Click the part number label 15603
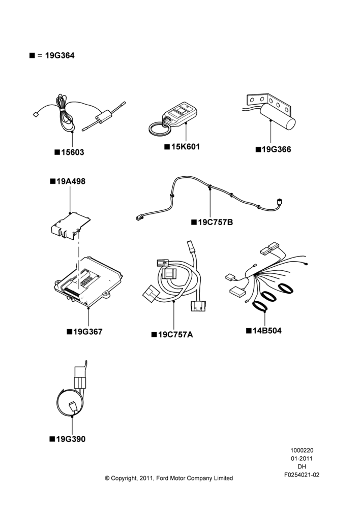click(73, 152)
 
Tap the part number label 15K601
click(186, 147)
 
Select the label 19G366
click(276, 149)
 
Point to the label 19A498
click(71, 181)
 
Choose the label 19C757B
click(216, 223)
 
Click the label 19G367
click(87, 332)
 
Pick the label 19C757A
click(175, 335)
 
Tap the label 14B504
click(267, 331)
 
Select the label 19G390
click(71, 439)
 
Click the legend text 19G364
click(59, 55)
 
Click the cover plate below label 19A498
click(71, 225)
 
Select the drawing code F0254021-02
click(302, 475)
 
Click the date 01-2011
click(302, 458)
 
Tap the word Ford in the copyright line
click(163, 478)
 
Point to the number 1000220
click(302, 450)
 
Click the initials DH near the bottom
click(302, 467)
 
